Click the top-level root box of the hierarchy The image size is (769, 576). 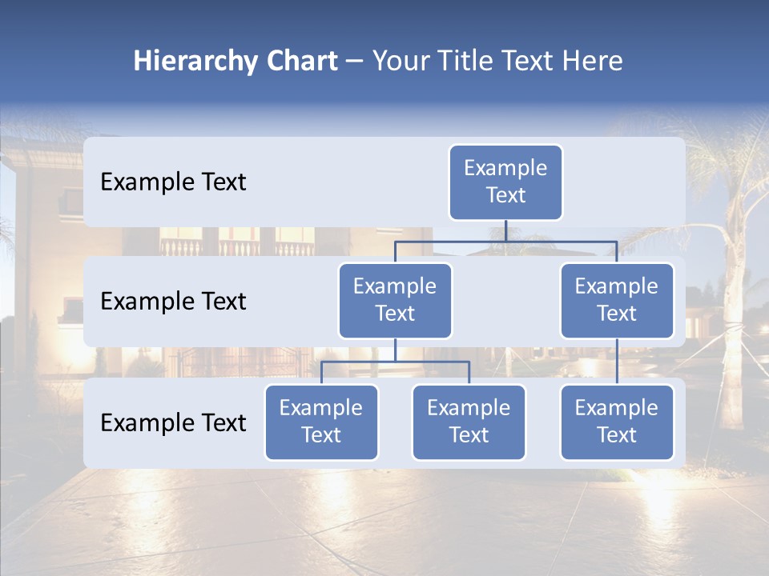(505, 182)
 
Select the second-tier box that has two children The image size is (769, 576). (395, 301)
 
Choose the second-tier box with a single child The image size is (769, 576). (617, 301)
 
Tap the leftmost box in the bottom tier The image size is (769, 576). (321, 422)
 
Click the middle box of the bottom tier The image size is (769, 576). (469, 422)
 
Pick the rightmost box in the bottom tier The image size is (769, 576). (617, 422)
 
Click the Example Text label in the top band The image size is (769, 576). (173, 182)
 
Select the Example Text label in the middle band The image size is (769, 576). (173, 302)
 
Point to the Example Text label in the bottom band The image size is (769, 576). (173, 422)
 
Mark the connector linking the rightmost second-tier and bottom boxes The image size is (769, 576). (617, 362)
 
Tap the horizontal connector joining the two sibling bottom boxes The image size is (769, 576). (395, 362)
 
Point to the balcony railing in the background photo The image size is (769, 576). (240, 246)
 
